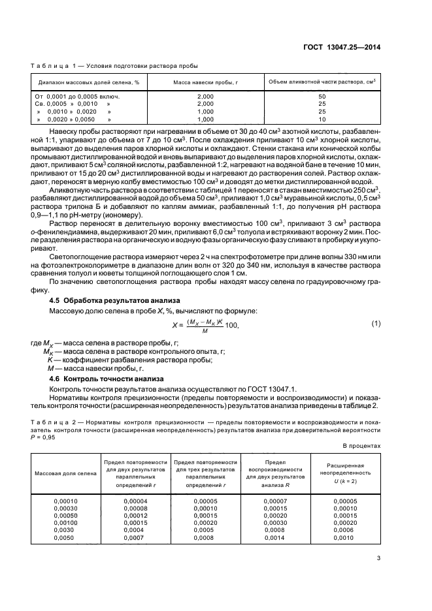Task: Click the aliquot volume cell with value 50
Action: click(322, 96)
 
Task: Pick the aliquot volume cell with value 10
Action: click(322, 119)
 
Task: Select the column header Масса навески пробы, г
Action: click(205, 82)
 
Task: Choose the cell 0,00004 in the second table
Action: click(135, 501)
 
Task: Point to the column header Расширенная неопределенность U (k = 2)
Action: click(346, 473)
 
